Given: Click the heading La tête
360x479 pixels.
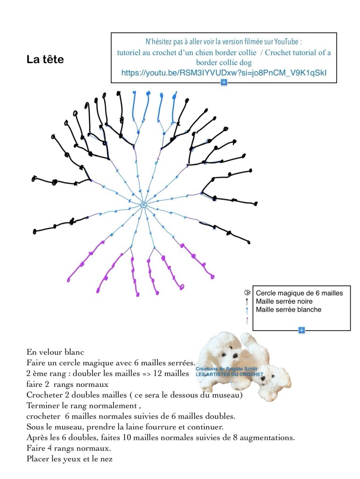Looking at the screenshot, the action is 45,59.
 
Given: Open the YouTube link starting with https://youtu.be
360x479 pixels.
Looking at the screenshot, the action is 224,73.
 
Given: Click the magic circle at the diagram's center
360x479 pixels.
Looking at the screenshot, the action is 144,205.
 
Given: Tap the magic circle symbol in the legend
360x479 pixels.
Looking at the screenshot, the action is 247,293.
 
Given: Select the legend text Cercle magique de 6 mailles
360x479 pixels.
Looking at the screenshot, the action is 299,293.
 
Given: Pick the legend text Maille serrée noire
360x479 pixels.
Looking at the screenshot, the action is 284,301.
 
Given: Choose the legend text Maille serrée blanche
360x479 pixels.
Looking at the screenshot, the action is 288,310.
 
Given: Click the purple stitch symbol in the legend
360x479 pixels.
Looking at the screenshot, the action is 247,320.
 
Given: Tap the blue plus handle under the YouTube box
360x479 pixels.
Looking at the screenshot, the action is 224,82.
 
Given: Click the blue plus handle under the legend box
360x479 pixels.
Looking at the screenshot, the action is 302,330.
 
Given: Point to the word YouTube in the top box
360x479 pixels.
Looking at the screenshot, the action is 286,42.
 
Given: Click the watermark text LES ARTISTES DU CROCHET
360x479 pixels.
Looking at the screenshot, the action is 229,374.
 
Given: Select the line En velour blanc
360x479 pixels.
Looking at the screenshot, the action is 55,352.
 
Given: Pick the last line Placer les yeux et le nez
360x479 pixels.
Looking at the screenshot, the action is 70,459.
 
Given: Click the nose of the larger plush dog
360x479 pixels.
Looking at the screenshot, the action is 235,356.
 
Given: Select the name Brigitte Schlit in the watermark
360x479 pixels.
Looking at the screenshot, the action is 242,369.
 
